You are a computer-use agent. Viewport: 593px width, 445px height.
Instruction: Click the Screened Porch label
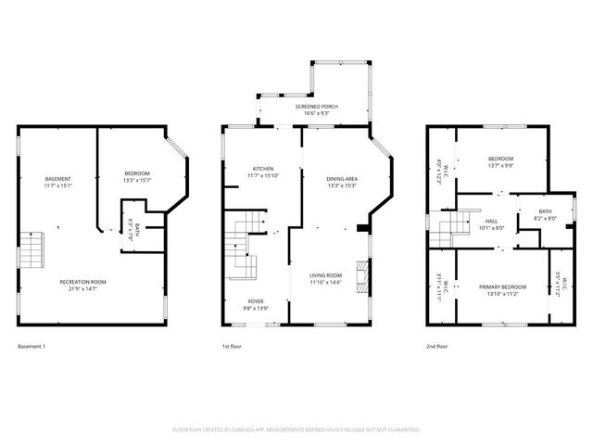pos(317,107)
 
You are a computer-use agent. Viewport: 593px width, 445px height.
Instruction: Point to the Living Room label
pos(326,274)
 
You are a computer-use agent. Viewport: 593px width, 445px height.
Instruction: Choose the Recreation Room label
pos(83,282)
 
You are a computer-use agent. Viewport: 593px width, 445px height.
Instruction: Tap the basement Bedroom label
pos(137,173)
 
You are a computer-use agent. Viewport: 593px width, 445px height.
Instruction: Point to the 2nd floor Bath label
pos(545,212)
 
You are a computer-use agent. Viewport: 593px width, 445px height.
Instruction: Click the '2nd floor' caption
pos(436,346)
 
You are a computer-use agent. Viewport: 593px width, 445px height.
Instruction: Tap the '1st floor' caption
pos(232,346)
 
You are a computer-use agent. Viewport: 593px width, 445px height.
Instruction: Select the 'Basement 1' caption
pos(32,346)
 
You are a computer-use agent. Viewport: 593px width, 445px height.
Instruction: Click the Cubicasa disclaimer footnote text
pos(296,430)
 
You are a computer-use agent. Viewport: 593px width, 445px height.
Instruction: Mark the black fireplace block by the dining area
pos(362,229)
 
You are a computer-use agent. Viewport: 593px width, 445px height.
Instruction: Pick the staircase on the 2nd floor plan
pos(448,225)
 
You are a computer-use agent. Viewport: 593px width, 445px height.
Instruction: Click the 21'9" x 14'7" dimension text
pos(83,289)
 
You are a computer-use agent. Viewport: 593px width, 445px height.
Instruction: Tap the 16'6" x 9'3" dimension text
pos(317,114)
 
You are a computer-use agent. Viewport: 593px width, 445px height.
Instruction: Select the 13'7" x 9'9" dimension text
pos(501,167)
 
